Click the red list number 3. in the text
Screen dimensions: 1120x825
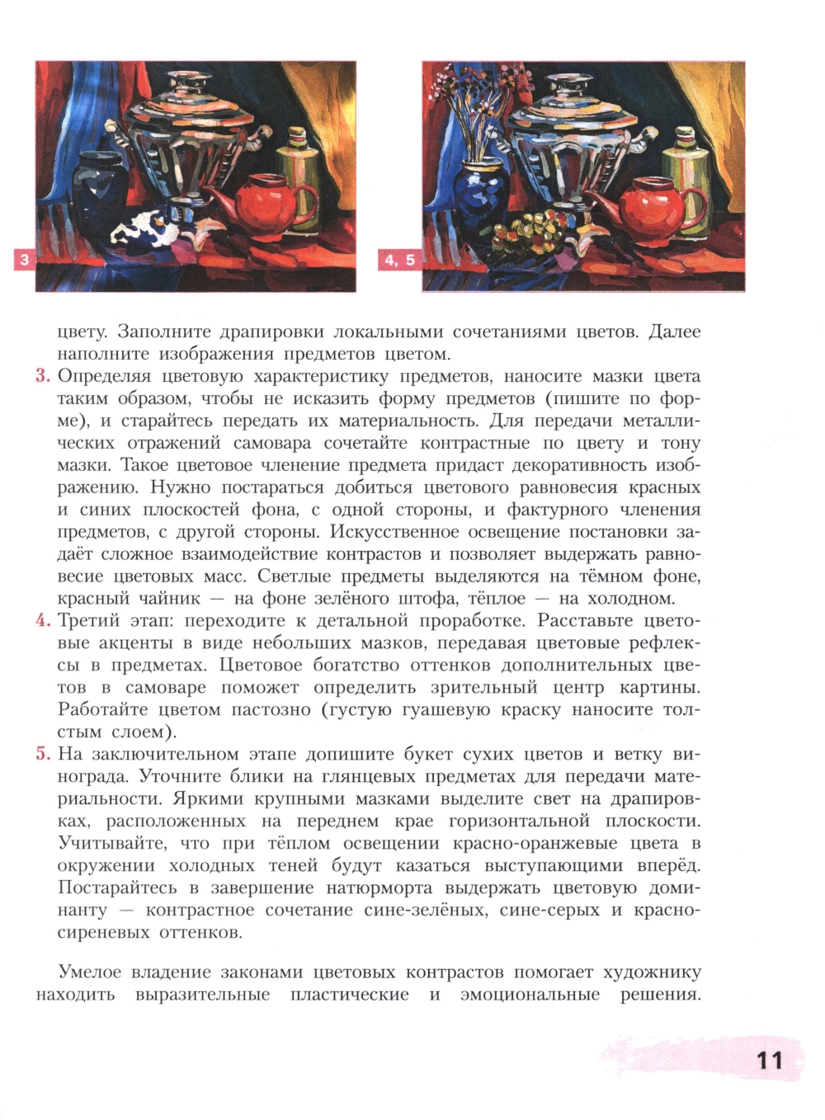pos(44,377)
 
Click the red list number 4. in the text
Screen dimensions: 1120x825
pos(44,621)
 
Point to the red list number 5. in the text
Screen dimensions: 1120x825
pos(44,755)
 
